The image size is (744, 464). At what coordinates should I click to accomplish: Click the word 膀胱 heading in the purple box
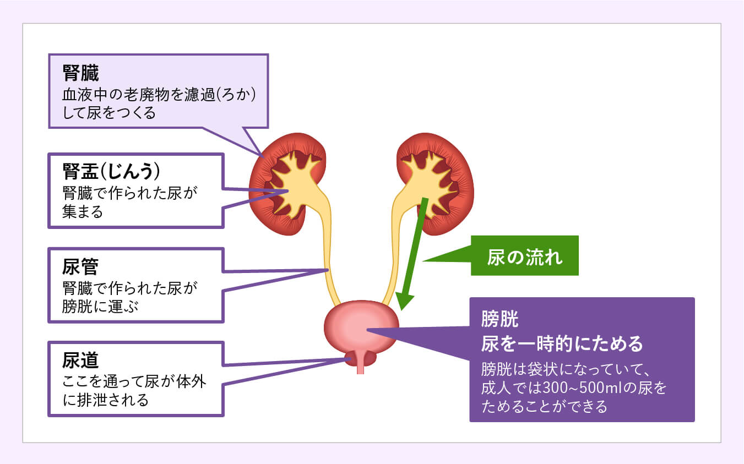[x=499, y=319]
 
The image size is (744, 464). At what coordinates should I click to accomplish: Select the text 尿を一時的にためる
[x=562, y=344]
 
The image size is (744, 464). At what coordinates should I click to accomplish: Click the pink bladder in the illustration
[x=361, y=327]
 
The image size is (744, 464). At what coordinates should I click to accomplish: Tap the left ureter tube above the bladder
[x=328, y=259]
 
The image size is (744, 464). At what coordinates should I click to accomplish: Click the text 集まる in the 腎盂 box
[x=83, y=212]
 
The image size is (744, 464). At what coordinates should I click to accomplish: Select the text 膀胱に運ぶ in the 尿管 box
[x=100, y=307]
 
